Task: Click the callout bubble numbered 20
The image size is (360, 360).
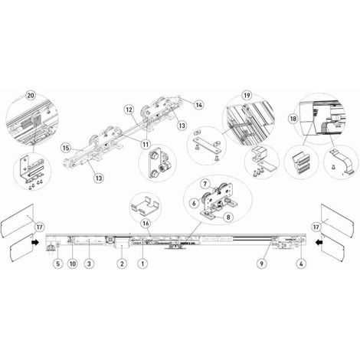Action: click(x=31, y=96)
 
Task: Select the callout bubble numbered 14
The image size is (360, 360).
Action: click(x=199, y=105)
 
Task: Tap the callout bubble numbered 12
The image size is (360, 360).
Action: click(x=129, y=110)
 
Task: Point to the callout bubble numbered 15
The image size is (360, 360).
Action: click(x=66, y=148)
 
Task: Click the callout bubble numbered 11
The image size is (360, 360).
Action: click(x=146, y=145)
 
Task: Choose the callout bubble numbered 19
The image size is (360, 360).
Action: click(x=247, y=96)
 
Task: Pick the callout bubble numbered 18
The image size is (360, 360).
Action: click(x=293, y=119)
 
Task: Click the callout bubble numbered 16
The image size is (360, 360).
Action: click(x=146, y=224)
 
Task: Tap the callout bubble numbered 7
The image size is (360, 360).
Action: click(x=205, y=184)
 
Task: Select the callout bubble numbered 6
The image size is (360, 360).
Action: click(x=194, y=203)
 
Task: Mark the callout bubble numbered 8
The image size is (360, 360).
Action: click(x=228, y=217)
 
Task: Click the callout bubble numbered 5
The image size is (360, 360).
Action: click(x=58, y=263)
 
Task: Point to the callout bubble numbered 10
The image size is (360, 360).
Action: click(x=73, y=263)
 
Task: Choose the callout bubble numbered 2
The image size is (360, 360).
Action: click(x=122, y=263)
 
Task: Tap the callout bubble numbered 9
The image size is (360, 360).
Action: click(x=261, y=263)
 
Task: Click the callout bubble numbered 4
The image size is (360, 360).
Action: click(x=301, y=263)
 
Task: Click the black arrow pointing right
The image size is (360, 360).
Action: click(x=35, y=242)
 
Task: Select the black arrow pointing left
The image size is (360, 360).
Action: click(x=319, y=242)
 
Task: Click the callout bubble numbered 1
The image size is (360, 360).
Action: click(x=142, y=263)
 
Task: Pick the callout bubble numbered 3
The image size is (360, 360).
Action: click(x=89, y=263)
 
